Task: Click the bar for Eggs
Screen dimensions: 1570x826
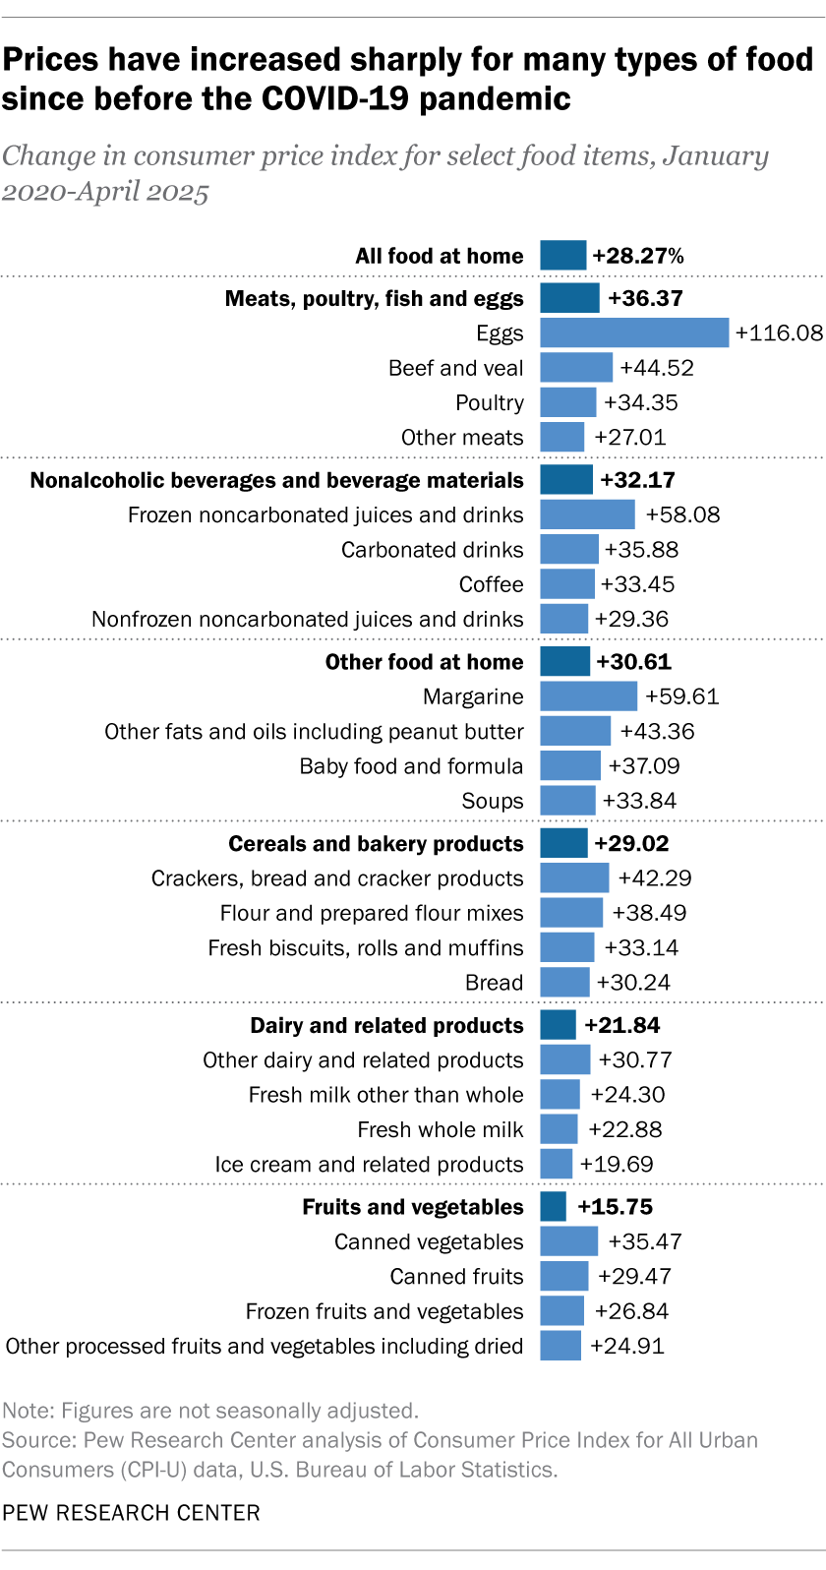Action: click(x=634, y=332)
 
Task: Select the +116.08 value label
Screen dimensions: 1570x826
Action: click(x=779, y=332)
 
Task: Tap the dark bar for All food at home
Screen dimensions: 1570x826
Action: click(x=562, y=256)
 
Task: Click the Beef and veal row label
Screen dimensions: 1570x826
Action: click(x=455, y=368)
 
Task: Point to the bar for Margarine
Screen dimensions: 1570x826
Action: click(x=588, y=696)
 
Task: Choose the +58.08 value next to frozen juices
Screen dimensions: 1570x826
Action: click(x=682, y=514)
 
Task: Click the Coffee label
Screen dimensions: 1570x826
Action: click(x=491, y=584)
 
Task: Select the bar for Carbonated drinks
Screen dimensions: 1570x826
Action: click(x=568, y=549)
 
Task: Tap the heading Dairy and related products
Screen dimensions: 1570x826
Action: click(x=386, y=1025)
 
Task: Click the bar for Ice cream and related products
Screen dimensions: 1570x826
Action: click(x=556, y=1164)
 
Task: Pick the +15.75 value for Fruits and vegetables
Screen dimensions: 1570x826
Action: click(x=615, y=1207)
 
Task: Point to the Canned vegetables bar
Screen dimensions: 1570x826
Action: click(x=568, y=1241)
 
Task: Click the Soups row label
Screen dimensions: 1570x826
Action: click(x=492, y=801)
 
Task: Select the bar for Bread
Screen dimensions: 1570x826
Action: click(x=564, y=982)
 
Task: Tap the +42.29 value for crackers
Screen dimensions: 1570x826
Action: click(x=654, y=878)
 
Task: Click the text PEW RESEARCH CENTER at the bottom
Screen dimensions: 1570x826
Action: click(x=131, y=1513)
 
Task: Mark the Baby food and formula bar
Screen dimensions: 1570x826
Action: click(x=569, y=765)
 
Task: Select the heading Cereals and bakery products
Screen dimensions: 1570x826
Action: click(x=376, y=844)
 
